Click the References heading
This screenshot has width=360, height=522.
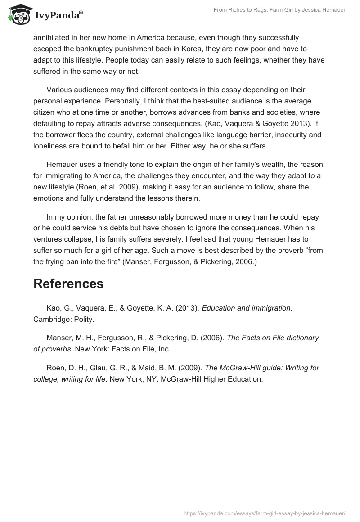pyautogui.click(x=68, y=283)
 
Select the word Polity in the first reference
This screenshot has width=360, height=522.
pyautogui.click(x=82, y=319)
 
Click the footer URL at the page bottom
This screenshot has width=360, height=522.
pyautogui.click(x=265, y=513)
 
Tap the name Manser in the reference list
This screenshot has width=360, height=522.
pyautogui.click(x=58, y=337)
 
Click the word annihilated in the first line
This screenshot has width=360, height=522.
pyautogui.click(x=52, y=37)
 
